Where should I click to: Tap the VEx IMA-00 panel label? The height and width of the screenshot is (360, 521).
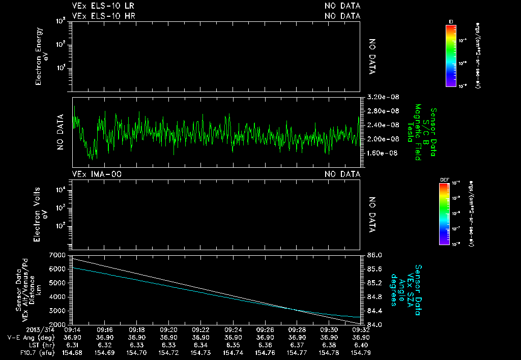[x=97, y=174]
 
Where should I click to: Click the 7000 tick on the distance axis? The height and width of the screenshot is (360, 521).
[x=57, y=255]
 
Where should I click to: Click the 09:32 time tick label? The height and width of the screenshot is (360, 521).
[x=361, y=329]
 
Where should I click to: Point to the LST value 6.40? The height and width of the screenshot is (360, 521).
[x=361, y=345]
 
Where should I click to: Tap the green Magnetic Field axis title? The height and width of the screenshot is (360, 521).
[x=418, y=133]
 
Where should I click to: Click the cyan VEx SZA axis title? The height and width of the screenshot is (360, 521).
[x=407, y=290]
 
